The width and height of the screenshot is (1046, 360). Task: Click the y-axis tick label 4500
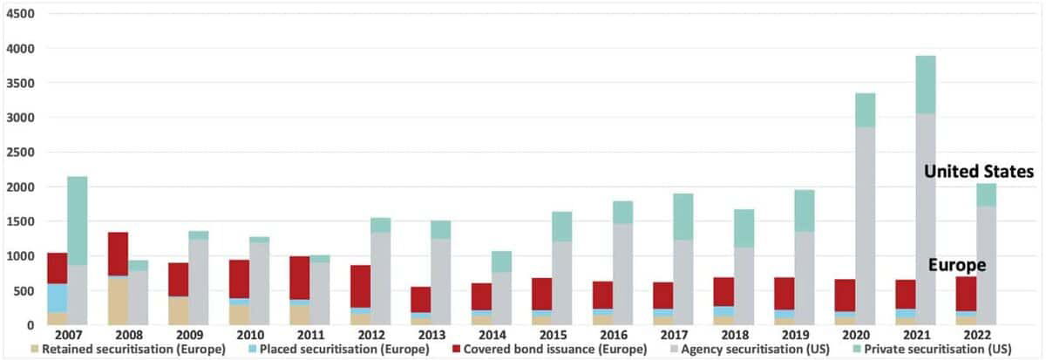pos(19,15)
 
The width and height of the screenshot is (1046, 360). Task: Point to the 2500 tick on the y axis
pos(19,153)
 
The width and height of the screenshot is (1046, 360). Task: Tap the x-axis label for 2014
pos(492,334)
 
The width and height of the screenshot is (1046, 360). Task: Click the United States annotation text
pos(979,172)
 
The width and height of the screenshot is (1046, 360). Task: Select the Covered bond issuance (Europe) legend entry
pos(549,350)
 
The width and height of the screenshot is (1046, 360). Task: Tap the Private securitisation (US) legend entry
pos(934,350)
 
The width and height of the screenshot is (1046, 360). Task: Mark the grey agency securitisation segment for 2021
pos(925,218)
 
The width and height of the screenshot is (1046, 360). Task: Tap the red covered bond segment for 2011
pos(300,277)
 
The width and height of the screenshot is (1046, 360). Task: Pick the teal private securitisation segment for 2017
pos(683,217)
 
